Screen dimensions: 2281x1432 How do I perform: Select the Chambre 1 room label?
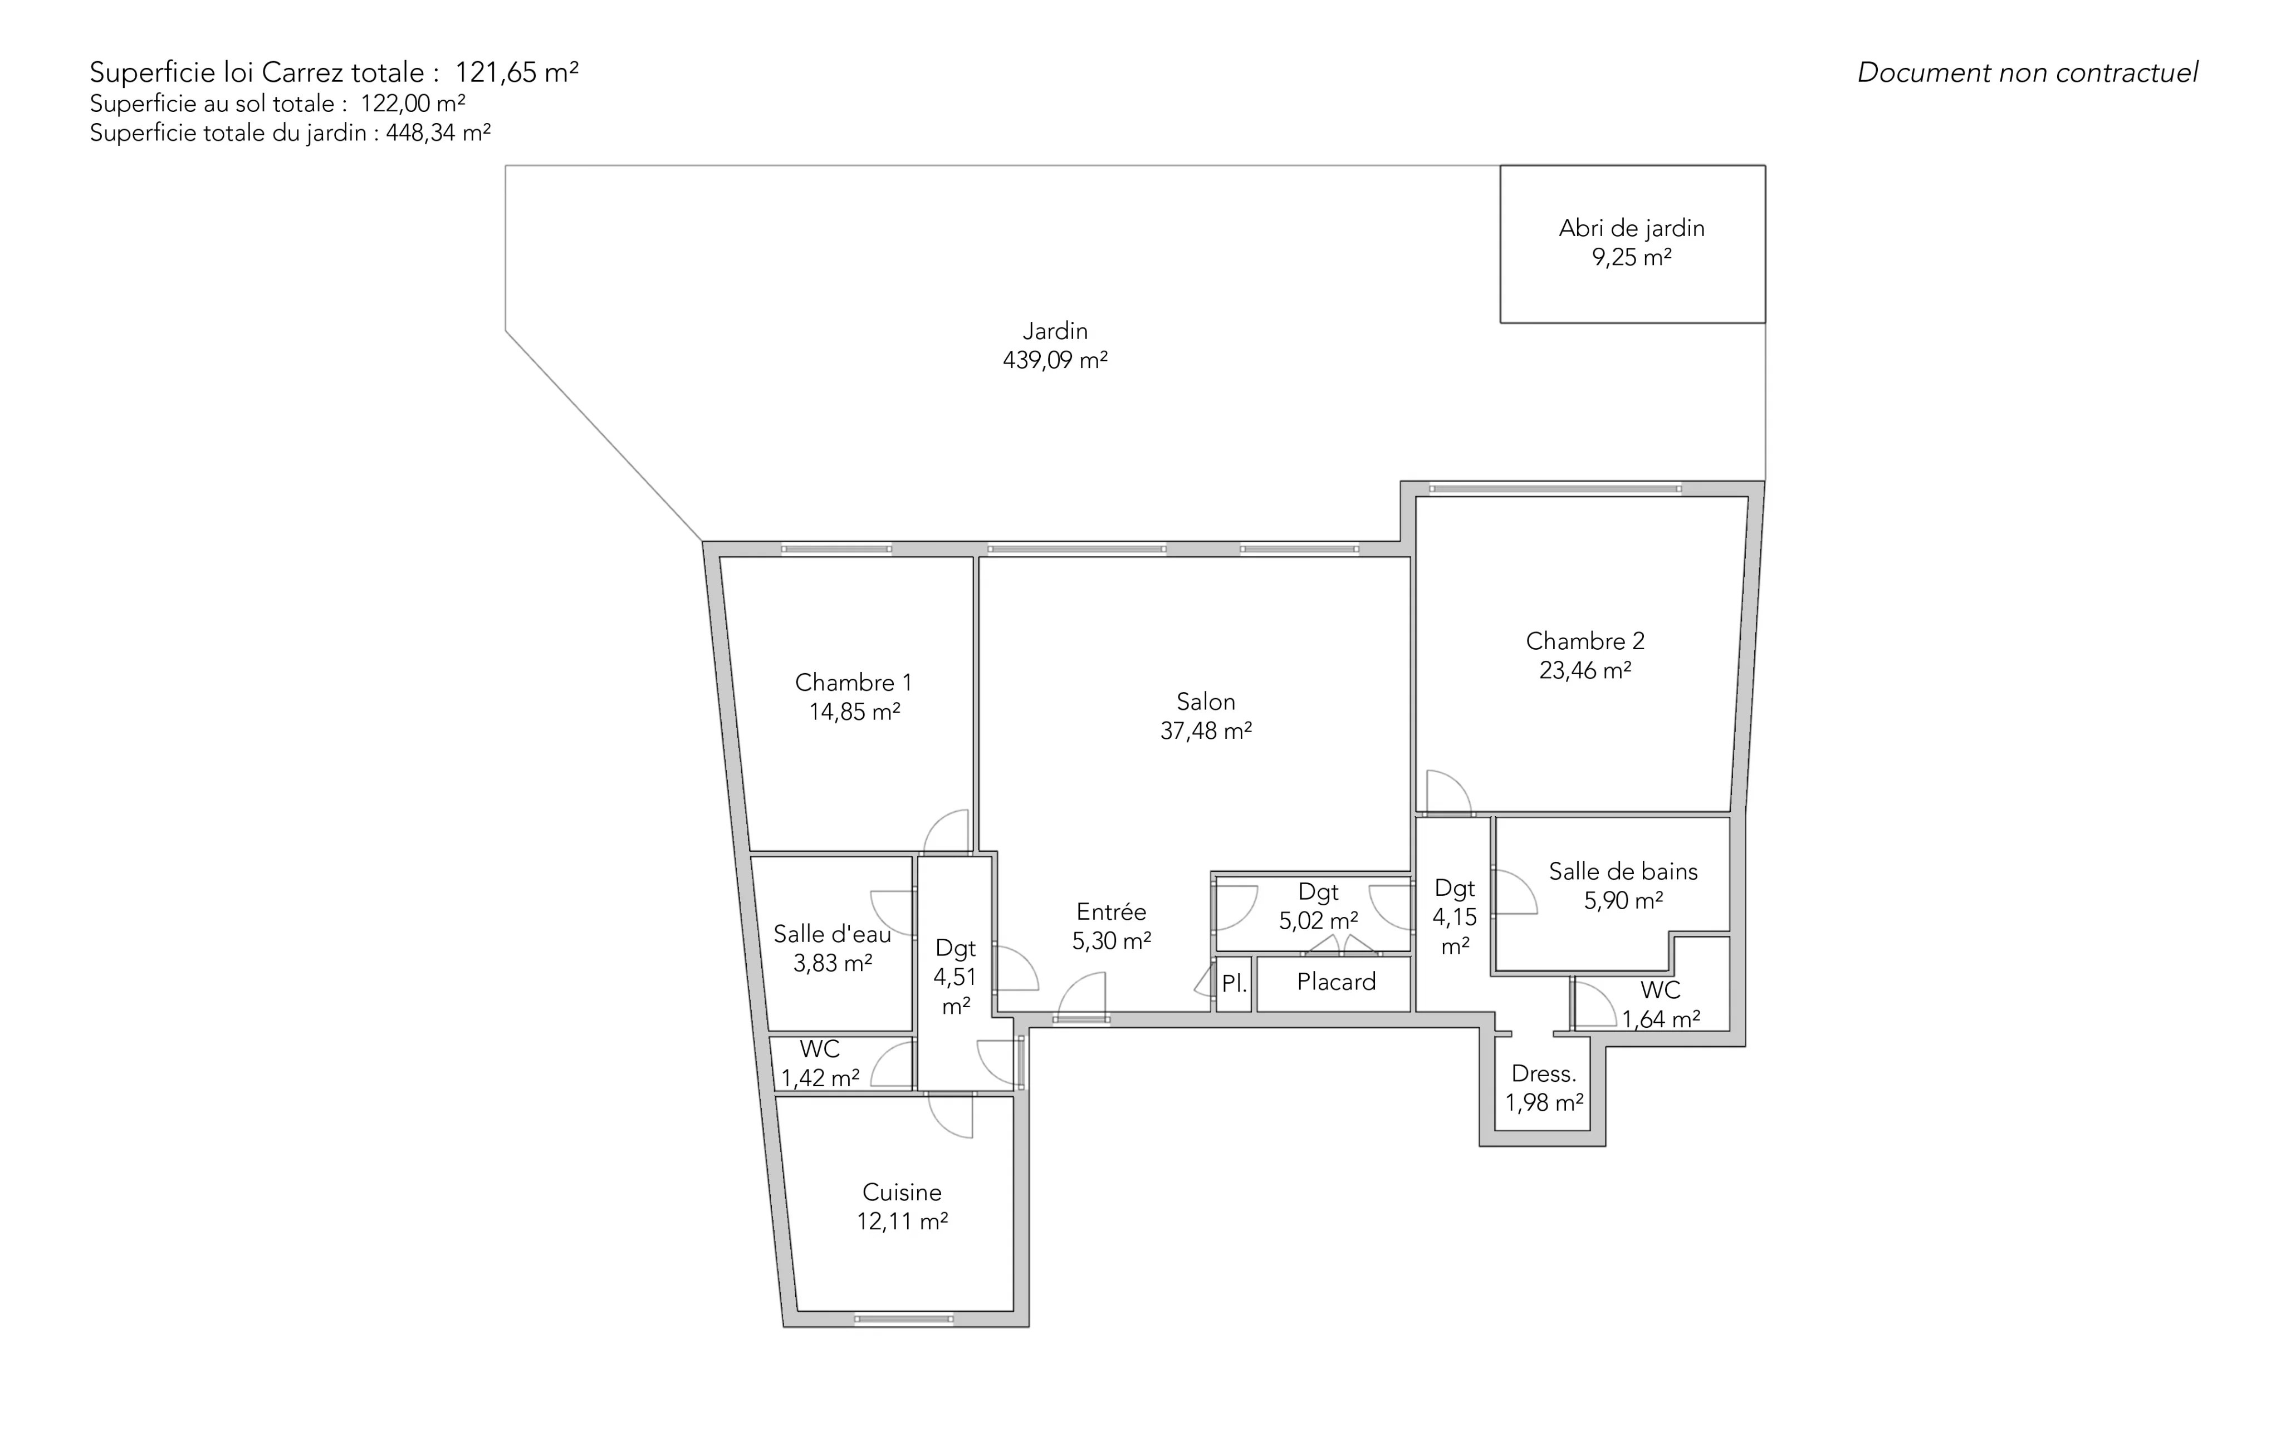tap(854, 682)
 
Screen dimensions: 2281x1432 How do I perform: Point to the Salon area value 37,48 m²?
tap(1206, 731)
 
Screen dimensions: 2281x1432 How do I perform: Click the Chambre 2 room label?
tap(1585, 641)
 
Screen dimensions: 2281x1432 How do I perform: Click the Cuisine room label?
tap(902, 1193)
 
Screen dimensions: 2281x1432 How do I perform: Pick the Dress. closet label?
tap(1544, 1074)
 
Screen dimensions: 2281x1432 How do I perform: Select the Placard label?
tap(1337, 982)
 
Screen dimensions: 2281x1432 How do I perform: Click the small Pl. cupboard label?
tap(1233, 984)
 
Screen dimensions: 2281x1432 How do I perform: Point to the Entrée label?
tap(1111, 912)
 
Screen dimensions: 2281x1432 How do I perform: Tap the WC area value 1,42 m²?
tap(820, 1079)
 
